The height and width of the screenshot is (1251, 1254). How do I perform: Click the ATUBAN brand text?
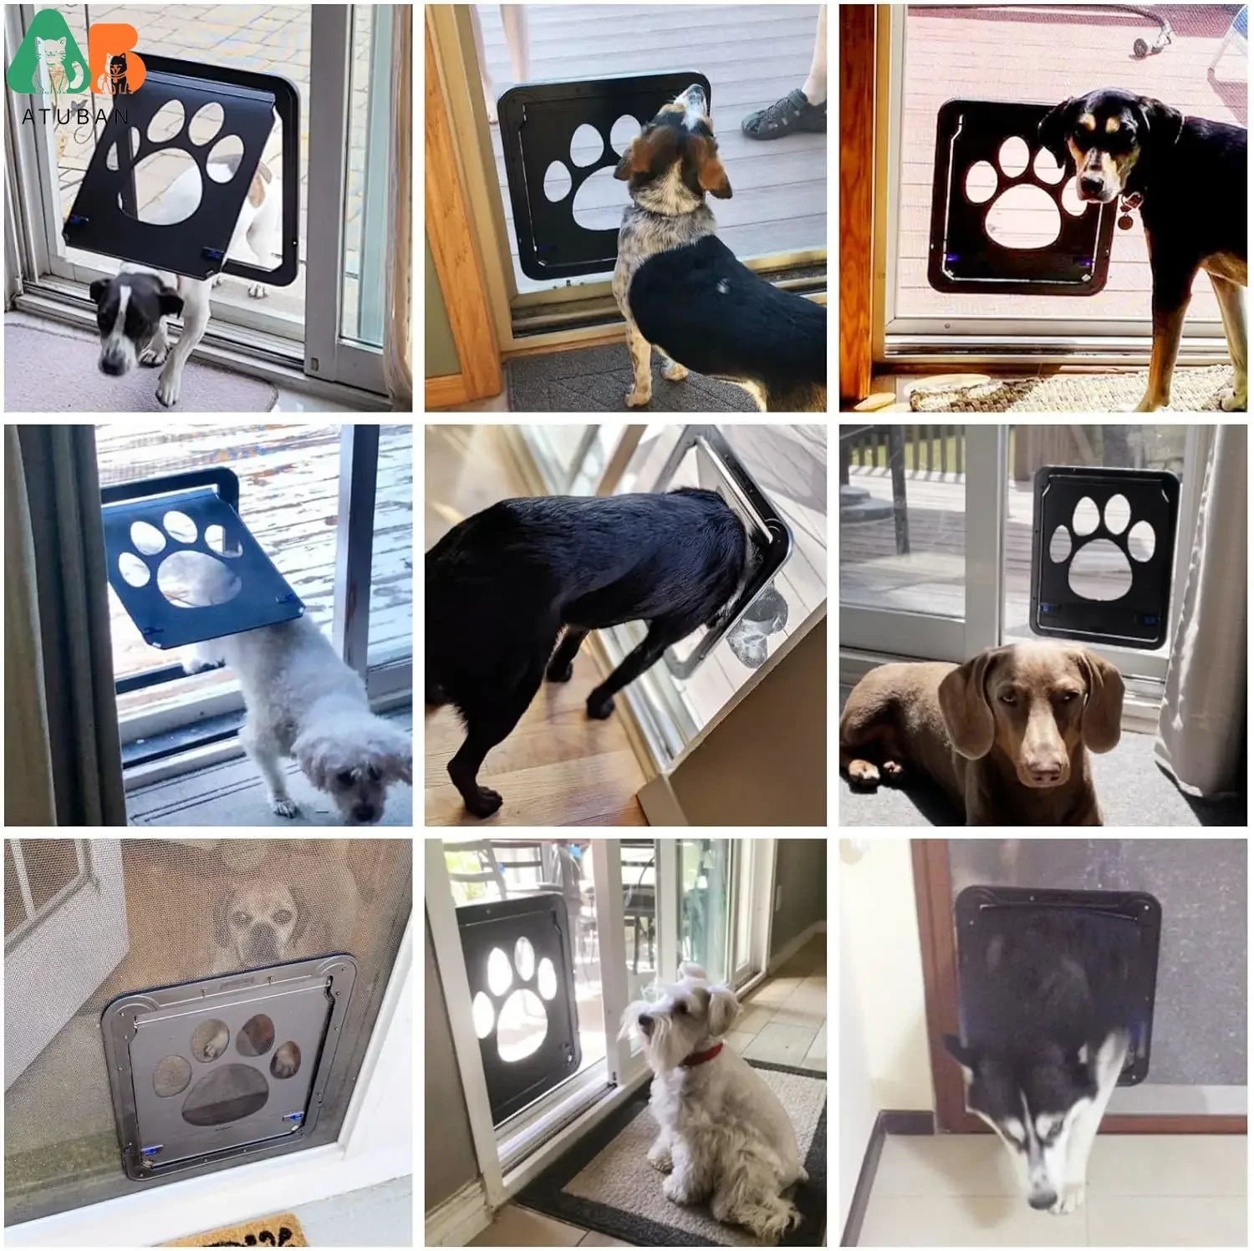tap(75, 116)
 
